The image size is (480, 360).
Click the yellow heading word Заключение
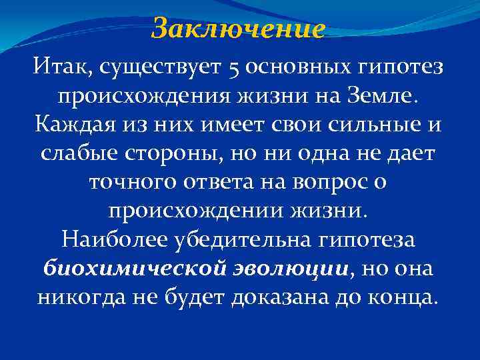tap(238, 29)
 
